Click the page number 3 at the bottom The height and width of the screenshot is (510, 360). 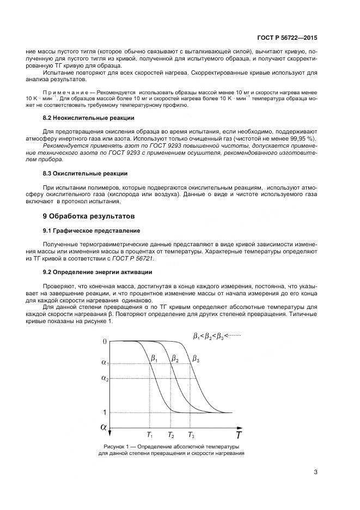tap(316, 472)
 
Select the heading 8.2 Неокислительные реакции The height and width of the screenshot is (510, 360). tap(88, 118)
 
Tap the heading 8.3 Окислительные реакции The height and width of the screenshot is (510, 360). tap(85, 173)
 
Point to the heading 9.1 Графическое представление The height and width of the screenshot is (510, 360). tap(91, 230)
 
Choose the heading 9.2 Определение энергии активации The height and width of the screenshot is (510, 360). tap(97, 271)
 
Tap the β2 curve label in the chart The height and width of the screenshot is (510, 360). tap(175, 359)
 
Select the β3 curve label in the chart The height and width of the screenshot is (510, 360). tap(196, 359)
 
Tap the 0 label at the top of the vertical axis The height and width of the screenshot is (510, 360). tap(105, 341)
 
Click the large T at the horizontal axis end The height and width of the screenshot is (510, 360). tap(238, 435)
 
